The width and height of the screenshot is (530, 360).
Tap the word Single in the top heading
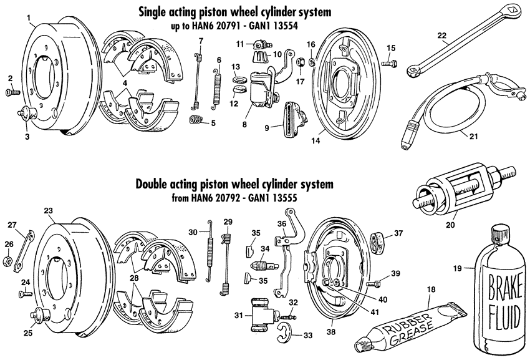[x=174, y=12]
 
